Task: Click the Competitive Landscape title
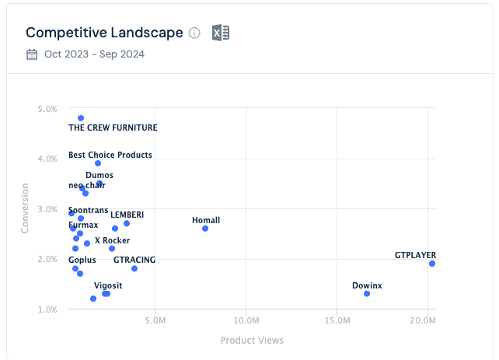click(x=104, y=33)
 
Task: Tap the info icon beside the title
click(x=194, y=33)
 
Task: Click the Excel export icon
click(x=221, y=33)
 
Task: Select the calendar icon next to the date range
click(x=32, y=54)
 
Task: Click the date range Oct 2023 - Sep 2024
click(x=94, y=54)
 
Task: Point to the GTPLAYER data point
click(x=432, y=264)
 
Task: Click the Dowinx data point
click(x=367, y=293)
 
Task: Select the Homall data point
click(x=205, y=229)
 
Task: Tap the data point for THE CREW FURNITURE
click(x=81, y=118)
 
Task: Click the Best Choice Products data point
click(x=98, y=163)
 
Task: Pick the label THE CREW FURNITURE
click(x=113, y=128)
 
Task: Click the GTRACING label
click(x=134, y=260)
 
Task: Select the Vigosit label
click(x=108, y=285)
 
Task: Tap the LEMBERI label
click(x=127, y=215)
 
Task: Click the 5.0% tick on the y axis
click(x=47, y=109)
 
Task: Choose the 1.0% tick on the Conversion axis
click(x=47, y=309)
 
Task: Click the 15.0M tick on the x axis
click(x=337, y=320)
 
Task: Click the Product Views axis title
click(x=252, y=341)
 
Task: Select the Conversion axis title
click(x=25, y=208)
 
